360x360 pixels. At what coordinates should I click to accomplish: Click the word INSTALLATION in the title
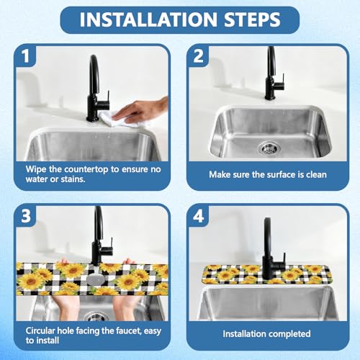click(148, 19)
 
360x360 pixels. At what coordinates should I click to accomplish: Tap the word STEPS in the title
click(252, 19)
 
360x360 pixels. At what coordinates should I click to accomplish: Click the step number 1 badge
click(26, 56)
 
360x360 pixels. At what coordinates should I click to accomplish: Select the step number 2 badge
click(199, 56)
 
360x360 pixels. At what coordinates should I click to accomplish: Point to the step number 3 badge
click(26, 216)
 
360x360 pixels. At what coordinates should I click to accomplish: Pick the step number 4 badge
click(199, 216)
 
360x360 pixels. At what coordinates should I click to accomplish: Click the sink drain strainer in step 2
click(269, 147)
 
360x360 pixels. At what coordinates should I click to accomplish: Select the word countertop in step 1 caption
click(86, 169)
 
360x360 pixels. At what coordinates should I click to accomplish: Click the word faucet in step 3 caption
click(129, 330)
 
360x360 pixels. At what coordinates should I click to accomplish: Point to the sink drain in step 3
click(96, 317)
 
